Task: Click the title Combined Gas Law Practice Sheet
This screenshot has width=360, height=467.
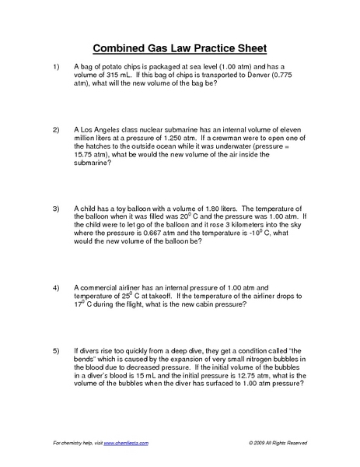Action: pyautogui.click(x=180, y=47)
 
